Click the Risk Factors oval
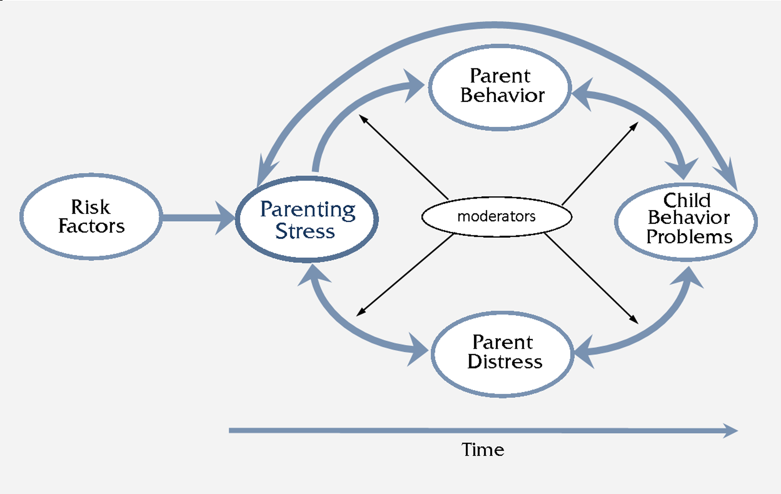point(91,216)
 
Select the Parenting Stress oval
point(307,220)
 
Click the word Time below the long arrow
point(483,450)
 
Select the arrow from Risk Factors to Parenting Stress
point(195,217)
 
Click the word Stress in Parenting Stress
point(305,231)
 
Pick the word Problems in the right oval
point(689,237)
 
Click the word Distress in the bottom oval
point(505,362)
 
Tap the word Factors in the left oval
point(92,226)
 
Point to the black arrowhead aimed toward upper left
point(363,119)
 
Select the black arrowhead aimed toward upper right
point(634,126)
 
